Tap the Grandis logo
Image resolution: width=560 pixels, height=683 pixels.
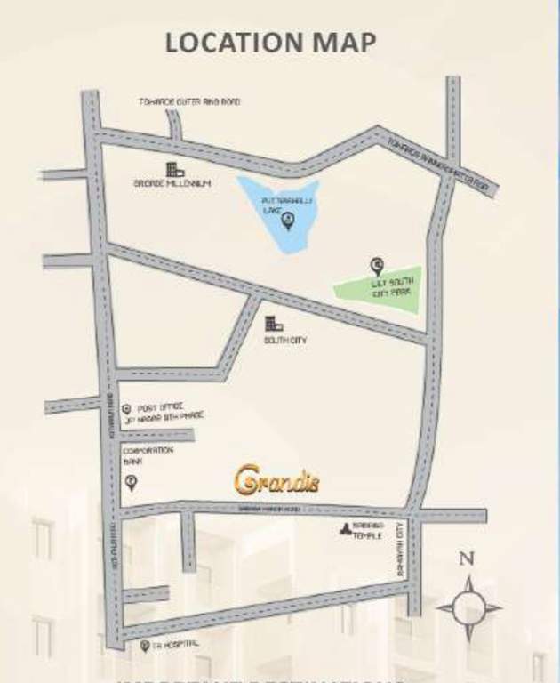[x=276, y=480]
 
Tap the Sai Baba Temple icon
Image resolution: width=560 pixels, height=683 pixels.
[x=344, y=531]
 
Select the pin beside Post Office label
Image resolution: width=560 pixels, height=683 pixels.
[x=126, y=408]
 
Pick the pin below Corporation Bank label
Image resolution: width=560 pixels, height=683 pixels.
[x=132, y=482]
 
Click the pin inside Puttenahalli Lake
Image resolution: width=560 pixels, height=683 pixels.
[x=286, y=224]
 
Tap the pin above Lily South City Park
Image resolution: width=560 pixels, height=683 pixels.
[x=377, y=264]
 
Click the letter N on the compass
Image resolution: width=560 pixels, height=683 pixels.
[x=465, y=559]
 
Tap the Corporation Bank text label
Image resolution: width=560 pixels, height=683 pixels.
[x=148, y=455]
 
